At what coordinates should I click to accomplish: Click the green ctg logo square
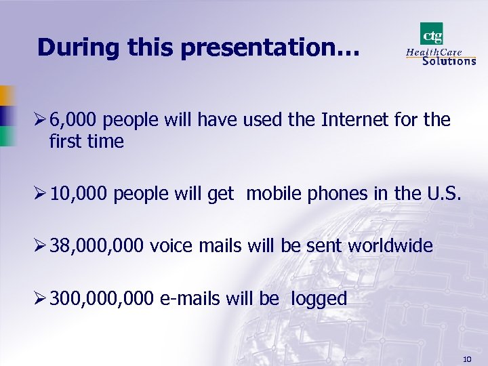(432, 33)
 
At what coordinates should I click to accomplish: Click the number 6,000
(75, 120)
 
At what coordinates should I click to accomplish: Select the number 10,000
(79, 193)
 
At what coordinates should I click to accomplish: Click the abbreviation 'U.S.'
(445, 193)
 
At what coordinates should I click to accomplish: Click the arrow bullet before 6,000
(42, 121)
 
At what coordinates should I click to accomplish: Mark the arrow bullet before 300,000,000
(42, 299)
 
